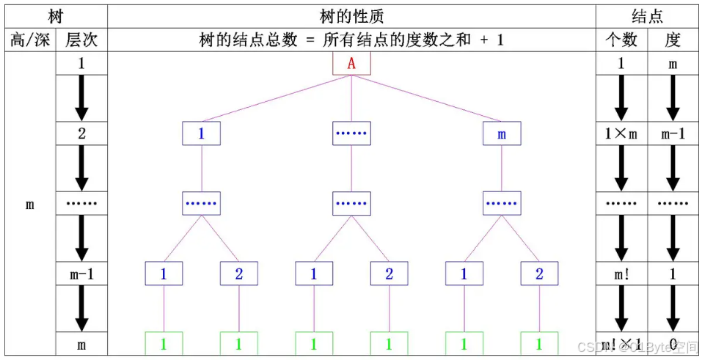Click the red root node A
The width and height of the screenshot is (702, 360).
[x=351, y=63]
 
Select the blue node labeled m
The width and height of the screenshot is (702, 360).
[x=502, y=134]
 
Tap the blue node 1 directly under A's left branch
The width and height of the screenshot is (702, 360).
[x=202, y=134]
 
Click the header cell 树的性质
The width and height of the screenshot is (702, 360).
[x=351, y=15]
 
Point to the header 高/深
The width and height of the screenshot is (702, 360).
[x=30, y=40]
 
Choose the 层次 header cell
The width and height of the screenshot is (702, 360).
[x=81, y=40]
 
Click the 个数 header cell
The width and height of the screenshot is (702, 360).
[x=621, y=40]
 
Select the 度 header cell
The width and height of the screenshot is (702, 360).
[x=673, y=40]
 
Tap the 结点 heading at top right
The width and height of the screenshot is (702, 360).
[x=647, y=15]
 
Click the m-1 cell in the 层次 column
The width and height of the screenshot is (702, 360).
[x=81, y=274]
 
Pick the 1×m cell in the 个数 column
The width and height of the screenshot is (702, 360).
[x=621, y=134]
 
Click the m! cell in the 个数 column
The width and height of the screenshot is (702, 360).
[x=621, y=274]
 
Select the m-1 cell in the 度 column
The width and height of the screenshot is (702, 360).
[x=673, y=134]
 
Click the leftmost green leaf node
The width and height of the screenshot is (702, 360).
[x=164, y=344]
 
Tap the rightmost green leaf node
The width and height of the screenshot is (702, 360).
[x=539, y=344]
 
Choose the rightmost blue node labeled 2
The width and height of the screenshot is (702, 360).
[x=539, y=274]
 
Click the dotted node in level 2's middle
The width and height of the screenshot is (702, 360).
[x=351, y=134]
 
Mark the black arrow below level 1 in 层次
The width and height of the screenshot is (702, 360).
[x=81, y=98]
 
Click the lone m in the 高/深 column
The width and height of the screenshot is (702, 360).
[x=30, y=205]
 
